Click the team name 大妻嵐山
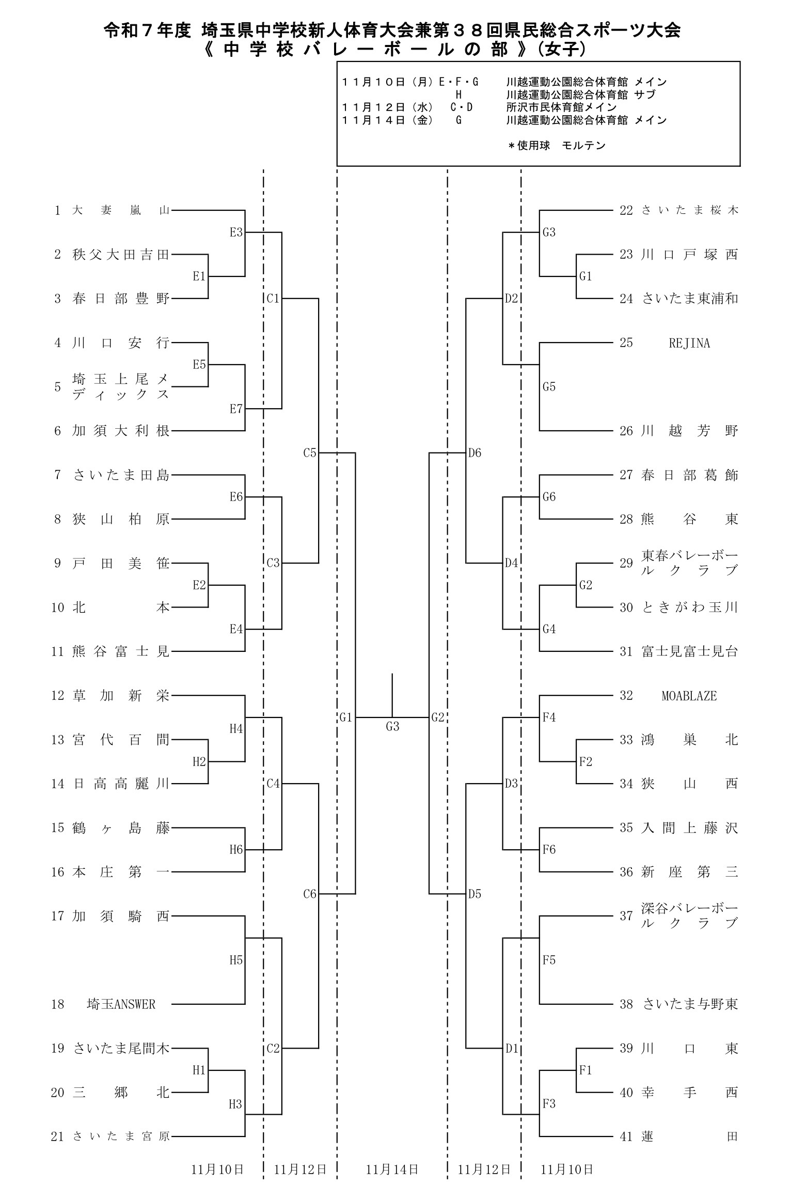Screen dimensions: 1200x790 point(121,211)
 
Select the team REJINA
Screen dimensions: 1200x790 point(689,343)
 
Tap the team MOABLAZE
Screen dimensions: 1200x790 point(689,696)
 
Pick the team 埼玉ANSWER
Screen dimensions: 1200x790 point(121,1004)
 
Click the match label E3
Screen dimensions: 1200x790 point(236,232)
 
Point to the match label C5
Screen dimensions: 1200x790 point(309,453)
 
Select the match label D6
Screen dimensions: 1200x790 point(475,453)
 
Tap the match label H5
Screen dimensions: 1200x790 point(236,960)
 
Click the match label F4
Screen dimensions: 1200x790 point(549,718)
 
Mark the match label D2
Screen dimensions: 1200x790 point(511,299)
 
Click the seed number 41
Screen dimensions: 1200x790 point(626,1136)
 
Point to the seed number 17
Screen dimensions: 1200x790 point(57,916)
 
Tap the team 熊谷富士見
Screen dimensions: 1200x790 point(121,651)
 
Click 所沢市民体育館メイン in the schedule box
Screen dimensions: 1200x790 point(561,107)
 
